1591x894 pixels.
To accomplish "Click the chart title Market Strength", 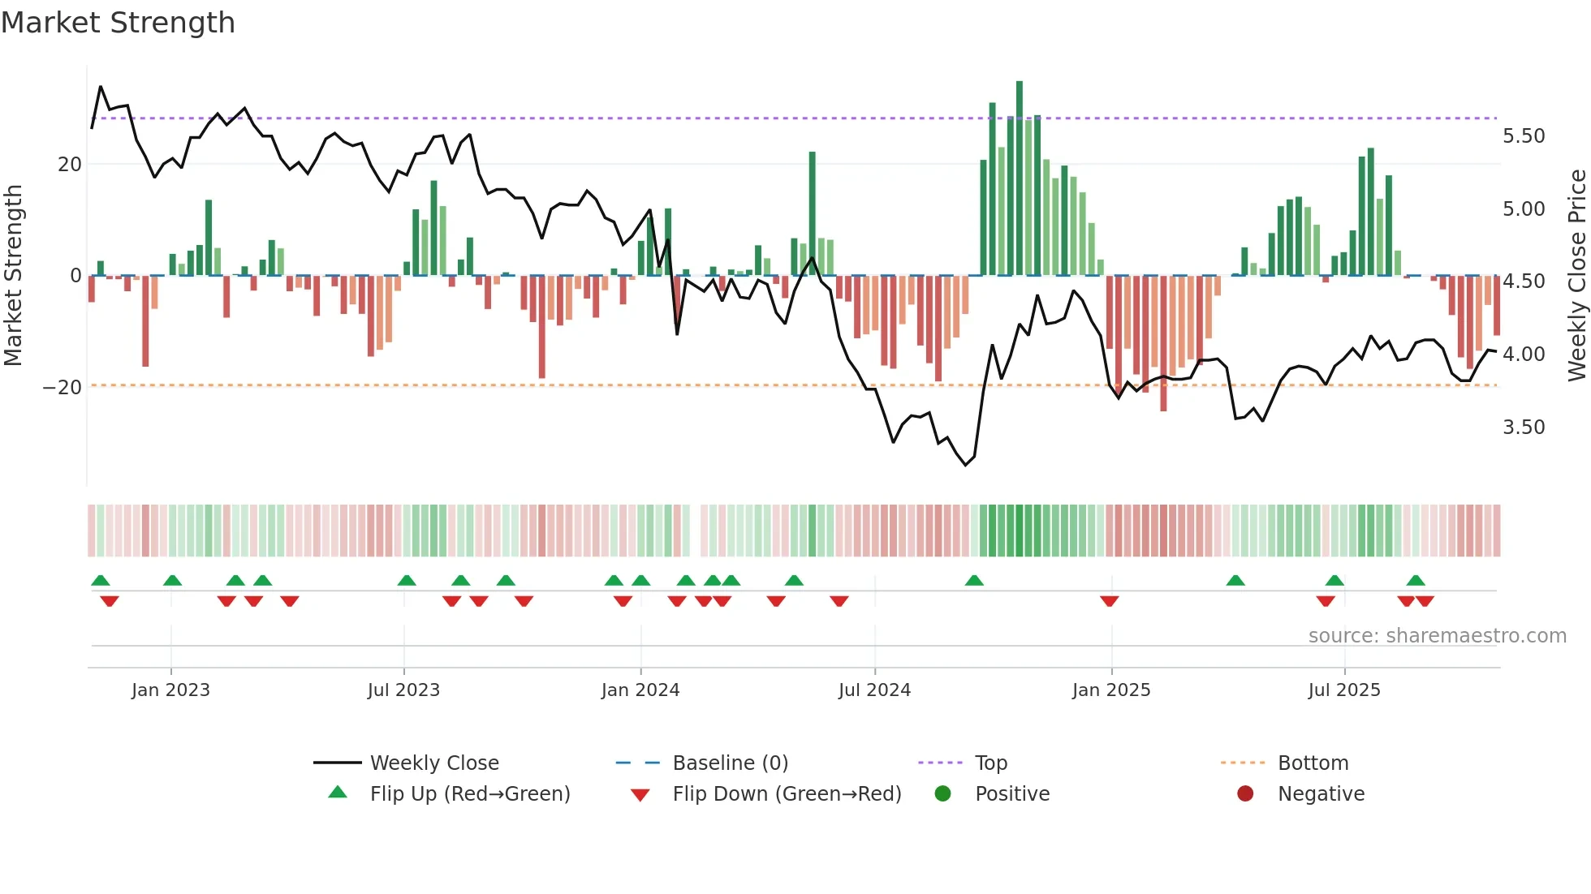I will click(x=118, y=23).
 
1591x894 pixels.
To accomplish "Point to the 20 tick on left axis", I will click(x=70, y=165).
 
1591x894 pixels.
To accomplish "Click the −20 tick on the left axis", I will click(x=63, y=388).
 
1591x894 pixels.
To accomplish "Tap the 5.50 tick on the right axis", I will click(x=1524, y=136).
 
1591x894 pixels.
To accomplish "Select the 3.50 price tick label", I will click(x=1524, y=428).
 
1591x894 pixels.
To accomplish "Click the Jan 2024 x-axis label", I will click(x=640, y=690).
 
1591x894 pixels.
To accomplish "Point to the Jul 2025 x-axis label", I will click(x=1343, y=690).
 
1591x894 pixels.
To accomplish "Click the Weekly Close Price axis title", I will click(x=1576, y=276).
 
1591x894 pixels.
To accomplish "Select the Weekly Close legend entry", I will click(x=434, y=763).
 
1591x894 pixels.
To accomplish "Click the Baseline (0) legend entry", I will click(x=730, y=763).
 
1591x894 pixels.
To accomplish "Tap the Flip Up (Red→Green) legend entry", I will click(x=469, y=794).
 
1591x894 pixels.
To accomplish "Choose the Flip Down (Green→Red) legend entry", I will click(x=787, y=794).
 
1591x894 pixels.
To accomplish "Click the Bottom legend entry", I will click(x=1313, y=763).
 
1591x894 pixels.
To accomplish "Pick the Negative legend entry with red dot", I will click(x=1321, y=794).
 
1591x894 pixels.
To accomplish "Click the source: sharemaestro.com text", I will click(x=1437, y=636).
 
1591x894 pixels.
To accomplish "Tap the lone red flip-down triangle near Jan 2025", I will click(x=1110, y=601).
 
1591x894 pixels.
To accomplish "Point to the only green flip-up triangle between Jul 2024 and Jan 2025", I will click(x=974, y=580).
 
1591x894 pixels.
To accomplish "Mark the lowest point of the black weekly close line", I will click(x=966, y=465).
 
